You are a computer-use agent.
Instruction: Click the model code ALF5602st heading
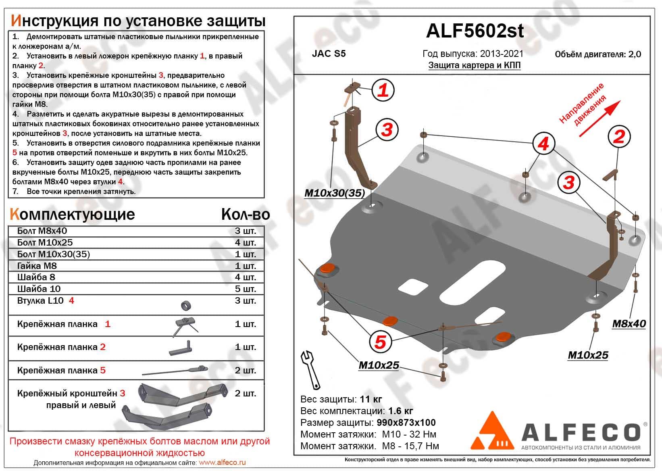pos(475,31)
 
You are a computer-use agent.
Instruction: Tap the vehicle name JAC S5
pos(329,54)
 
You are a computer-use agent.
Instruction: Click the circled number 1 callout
pos(383,90)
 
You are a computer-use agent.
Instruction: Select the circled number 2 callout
pos(618,137)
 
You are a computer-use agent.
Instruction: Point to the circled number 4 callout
pos(543,144)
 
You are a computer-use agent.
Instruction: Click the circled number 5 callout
pos(380,342)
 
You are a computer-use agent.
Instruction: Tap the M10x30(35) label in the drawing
pos(334,193)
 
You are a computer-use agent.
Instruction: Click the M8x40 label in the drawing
pos(629,323)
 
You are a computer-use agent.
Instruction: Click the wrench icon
pos(310,369)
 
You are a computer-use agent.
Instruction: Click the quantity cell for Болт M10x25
pos(245,243)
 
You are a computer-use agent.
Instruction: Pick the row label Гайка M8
pos(37,266)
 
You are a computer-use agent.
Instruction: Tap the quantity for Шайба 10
pos(245,289)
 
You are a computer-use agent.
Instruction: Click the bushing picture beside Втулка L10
pos(186,306)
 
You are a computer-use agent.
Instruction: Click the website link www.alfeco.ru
pos(222,463)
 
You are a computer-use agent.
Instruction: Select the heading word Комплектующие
pos(72,214)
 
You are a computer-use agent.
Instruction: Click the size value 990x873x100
pos(406,423)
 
